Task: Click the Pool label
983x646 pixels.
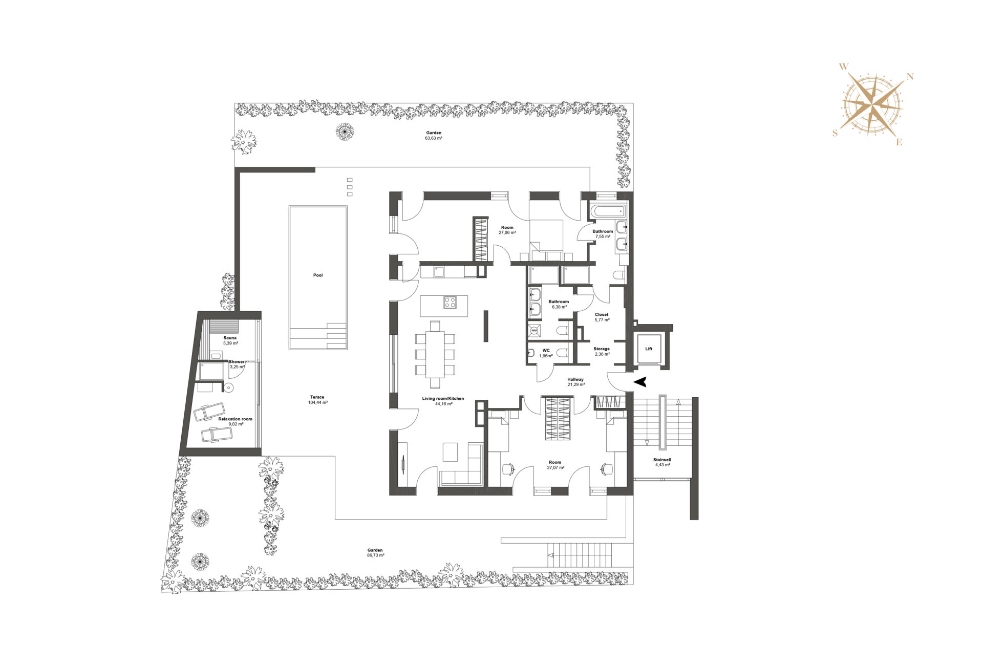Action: pyautogui.click(x=318, y=275)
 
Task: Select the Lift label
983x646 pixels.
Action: pyautogui.click(x=649, y=349)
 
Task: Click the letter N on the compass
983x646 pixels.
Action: pyautogui.click(x=910, y=77)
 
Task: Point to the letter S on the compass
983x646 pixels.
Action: pyautogui.click(x=836, y=133)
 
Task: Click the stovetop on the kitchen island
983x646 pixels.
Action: pyautogui.click(x=450, y=303)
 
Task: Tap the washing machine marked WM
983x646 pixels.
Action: pyautogui.click(x=534, y=331)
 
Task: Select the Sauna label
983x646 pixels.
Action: pyautogui.click(x=230, y=338)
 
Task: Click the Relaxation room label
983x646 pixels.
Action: pyautogui.click(x=235, y=419)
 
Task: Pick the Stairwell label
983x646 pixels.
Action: pyautogui.click(x=662, y=460)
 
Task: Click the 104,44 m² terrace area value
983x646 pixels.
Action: pyautogui.click(x=318, y=403)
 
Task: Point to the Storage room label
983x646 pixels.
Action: pyautogui.click(x=602, y=349)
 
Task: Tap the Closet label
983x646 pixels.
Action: pyautogui.click(x=602, y=315)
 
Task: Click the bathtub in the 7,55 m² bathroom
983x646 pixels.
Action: pyautogui.click(x=608, y=210)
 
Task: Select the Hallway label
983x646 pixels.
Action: pyautogui.click(x=575, y=379)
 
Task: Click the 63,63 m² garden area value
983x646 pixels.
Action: pyautogui.click(x=434, y=138)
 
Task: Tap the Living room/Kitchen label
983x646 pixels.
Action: pyautogui.click(x=443, y=399)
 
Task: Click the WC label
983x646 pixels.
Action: pyautogui.click(x=546, y=351)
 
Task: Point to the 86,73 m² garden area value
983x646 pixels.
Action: pyautogui.click(x=375, y=555)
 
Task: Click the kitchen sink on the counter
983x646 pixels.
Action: pyautogui.click(x=439, y=271)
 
